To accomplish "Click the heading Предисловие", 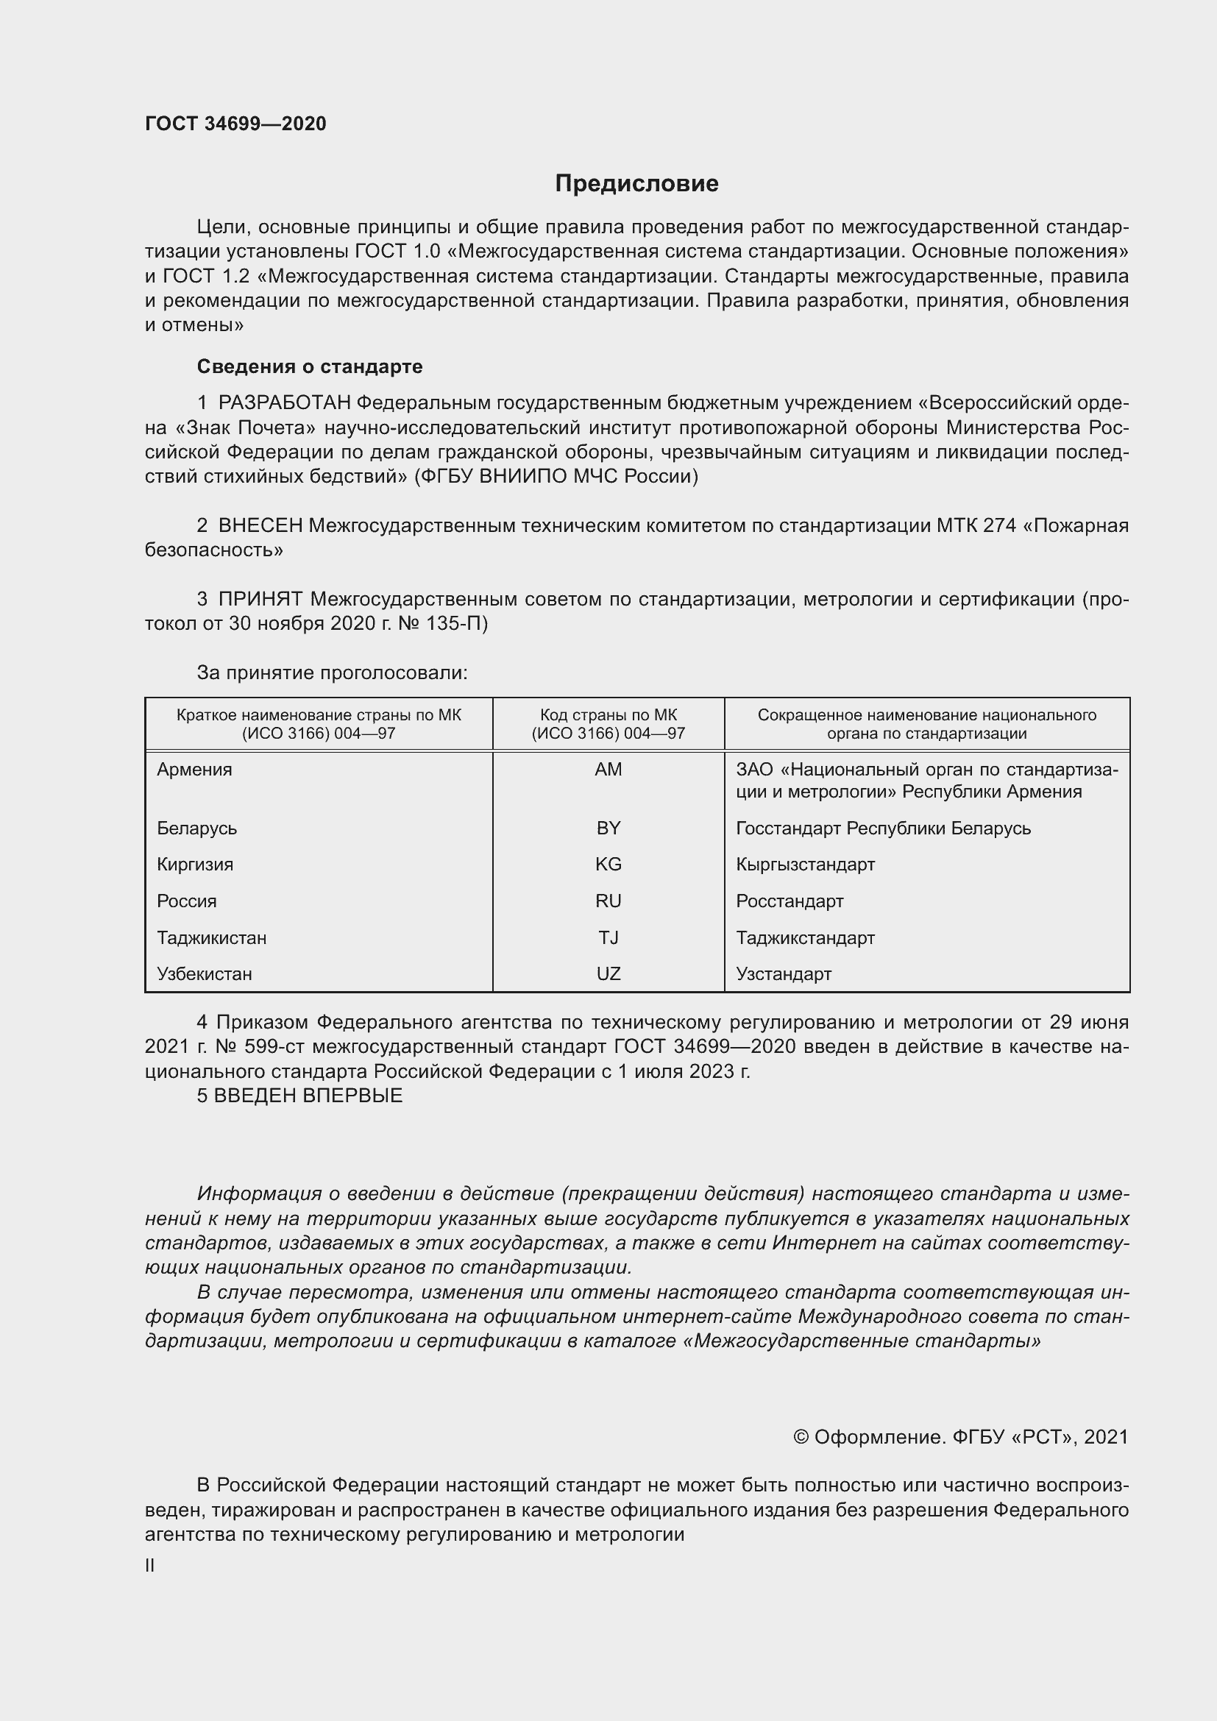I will pyautogui.click(x=636, y=184).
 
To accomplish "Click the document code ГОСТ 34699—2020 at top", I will pyautogui.click(x=235, y=124).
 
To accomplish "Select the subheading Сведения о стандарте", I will pyautogui.click(x=310, y=366).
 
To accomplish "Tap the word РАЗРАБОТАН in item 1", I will pyautogui.click(x=284, y=403).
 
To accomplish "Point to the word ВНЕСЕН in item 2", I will pyautogui.click(x=260, y=525).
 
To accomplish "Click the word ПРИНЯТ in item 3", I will pyautogui.click(x=260, y=599).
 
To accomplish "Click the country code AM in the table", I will pyautogui.click(x=608, y=770).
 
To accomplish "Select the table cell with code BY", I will pyautogui.click(x=608, y=828).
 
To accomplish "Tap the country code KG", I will pyautogui.click(x=608, y=865).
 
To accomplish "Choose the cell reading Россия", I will pyautogui.click(x=187, y=901).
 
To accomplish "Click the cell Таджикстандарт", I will pyautogui.click(x=805, y=937).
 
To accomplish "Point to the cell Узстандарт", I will pyautogui.click(x=783, y=973).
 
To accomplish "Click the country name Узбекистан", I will pyautogui.click(x=204, y=973).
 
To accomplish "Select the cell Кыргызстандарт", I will pyautogui.click(x=805, y=865).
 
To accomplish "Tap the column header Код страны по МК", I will pyautogui.click(x=608, y=716).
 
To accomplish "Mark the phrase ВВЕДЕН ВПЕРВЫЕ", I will pyautogui.click(x=308, y=1095).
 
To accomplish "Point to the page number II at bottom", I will pyautogui.click(x=150, y=1565).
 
